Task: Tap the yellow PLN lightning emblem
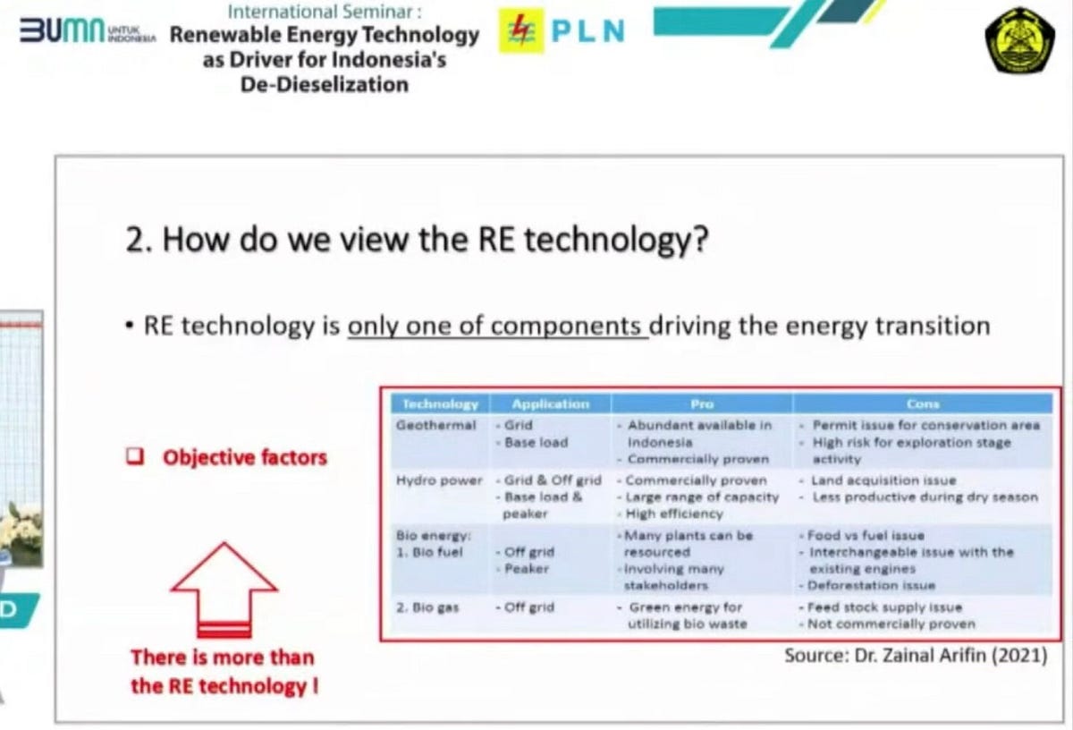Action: pyautogui.click(x=520, y=31)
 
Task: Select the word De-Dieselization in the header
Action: pyautogui.click(x=325, y=85)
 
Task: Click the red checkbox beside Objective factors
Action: pyautogui.click(x=135, y=457)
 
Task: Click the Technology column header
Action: pyautogui.click(x=440, y=404)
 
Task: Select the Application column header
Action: pyautogui.click(x=550, y=404)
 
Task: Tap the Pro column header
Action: pyautogui.click(x=702, y=404)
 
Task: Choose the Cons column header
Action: pyautogui.click(x=923, y=404)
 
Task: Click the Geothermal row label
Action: pyautogui.click(x=436, y=425)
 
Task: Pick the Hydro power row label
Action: pyautogui.click(x=439, y=480)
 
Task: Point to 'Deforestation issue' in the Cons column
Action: pyautogui.click(x=871, y=585)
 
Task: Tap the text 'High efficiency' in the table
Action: pyautogui.click(x=674, y=514)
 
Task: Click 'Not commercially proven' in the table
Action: pyautogui.click(x=891, y=624)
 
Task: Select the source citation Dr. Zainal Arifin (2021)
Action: pyautogui.click(x=915, y=656)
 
